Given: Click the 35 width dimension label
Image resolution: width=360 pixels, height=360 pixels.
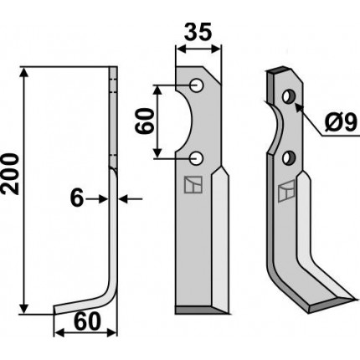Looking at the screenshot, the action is pyautogui.click(x=198, y=31).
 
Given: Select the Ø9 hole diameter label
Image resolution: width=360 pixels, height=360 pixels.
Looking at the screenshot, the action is pyautogui.click(x=341, y=123).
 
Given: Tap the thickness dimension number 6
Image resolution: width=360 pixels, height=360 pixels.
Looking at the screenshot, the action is pyautogui.click(x=77, y=198).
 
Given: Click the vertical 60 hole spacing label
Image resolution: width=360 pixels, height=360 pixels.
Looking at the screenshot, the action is pyautogui.click(x=144, y=121).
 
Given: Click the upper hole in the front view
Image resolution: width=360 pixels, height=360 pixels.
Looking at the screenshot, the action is pyautogui.click(x=197, y=85).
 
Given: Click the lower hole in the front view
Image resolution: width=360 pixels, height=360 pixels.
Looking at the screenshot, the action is pyautogui.click(x=197, y=158).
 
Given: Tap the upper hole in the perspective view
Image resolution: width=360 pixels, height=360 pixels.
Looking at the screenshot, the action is pyautogui.click(x=288, y=96).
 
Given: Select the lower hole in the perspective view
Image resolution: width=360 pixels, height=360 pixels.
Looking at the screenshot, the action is pyautogui.click(x=288, y=158).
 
